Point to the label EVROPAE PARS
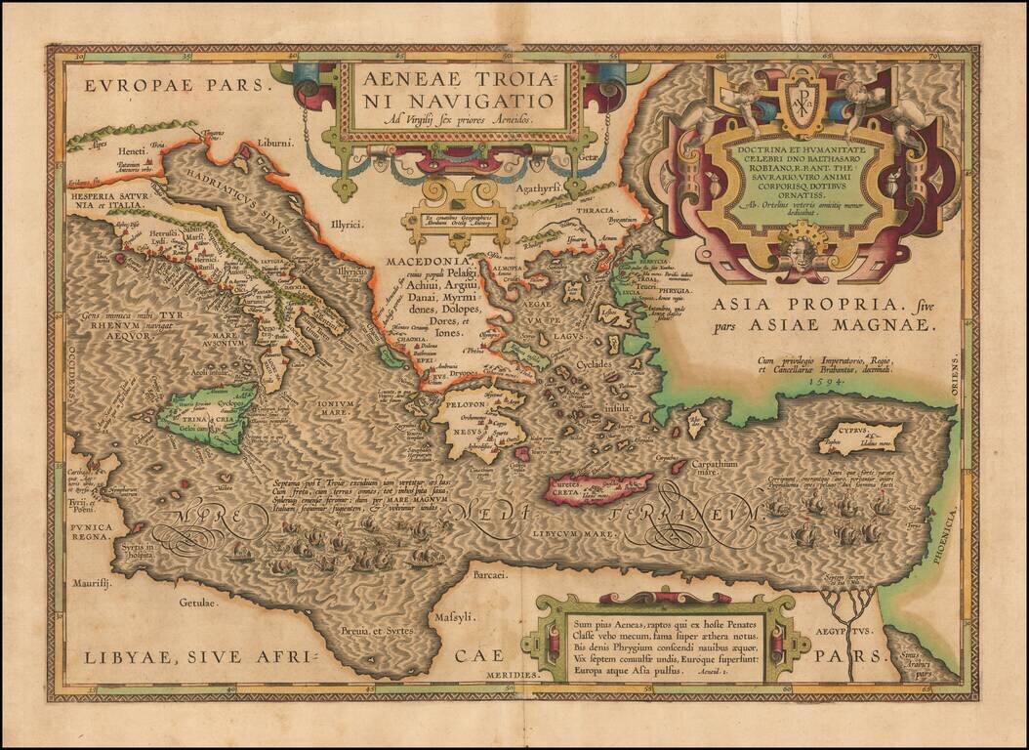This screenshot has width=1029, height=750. coord(175,85)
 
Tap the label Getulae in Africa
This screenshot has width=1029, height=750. coord(197,603)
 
